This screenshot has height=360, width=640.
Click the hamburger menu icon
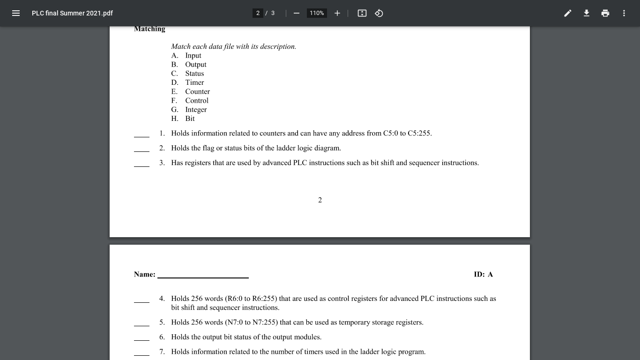pyautogui.click(x=16, y=13)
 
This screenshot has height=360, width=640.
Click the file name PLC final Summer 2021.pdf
pyautogui.click(x=72, y=13)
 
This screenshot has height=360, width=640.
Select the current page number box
pyautogui.click(x=258, y=13)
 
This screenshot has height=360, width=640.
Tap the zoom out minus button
pyautogui.click(x=296, y=13)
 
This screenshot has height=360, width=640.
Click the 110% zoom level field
pyautogui.click(x=317, y=13)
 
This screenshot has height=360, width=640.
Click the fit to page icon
pyautogui.click(x=362, y=13)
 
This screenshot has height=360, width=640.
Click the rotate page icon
pyautogui.click(x=379, y=13)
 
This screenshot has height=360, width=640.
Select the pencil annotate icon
pyautogui.click(x=567, y=13)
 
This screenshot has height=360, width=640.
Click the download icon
pyautogui.click(x=586, y=13)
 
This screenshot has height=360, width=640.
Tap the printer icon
pyautogui.click(x=605, y=13)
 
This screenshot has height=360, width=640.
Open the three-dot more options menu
pyautogui.click(x=624, y=13)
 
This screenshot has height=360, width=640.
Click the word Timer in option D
pyautogui.click(x=194, y=82)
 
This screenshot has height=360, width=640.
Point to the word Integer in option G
pyautogui.click(x=196, y=110)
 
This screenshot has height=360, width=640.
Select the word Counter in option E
pyautogui.click(x=197, y=91)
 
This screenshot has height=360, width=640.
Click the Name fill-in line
pyautogui.click(x=203, y=275)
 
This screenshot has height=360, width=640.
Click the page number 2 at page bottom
pyautogui.click(x=320, y=200)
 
